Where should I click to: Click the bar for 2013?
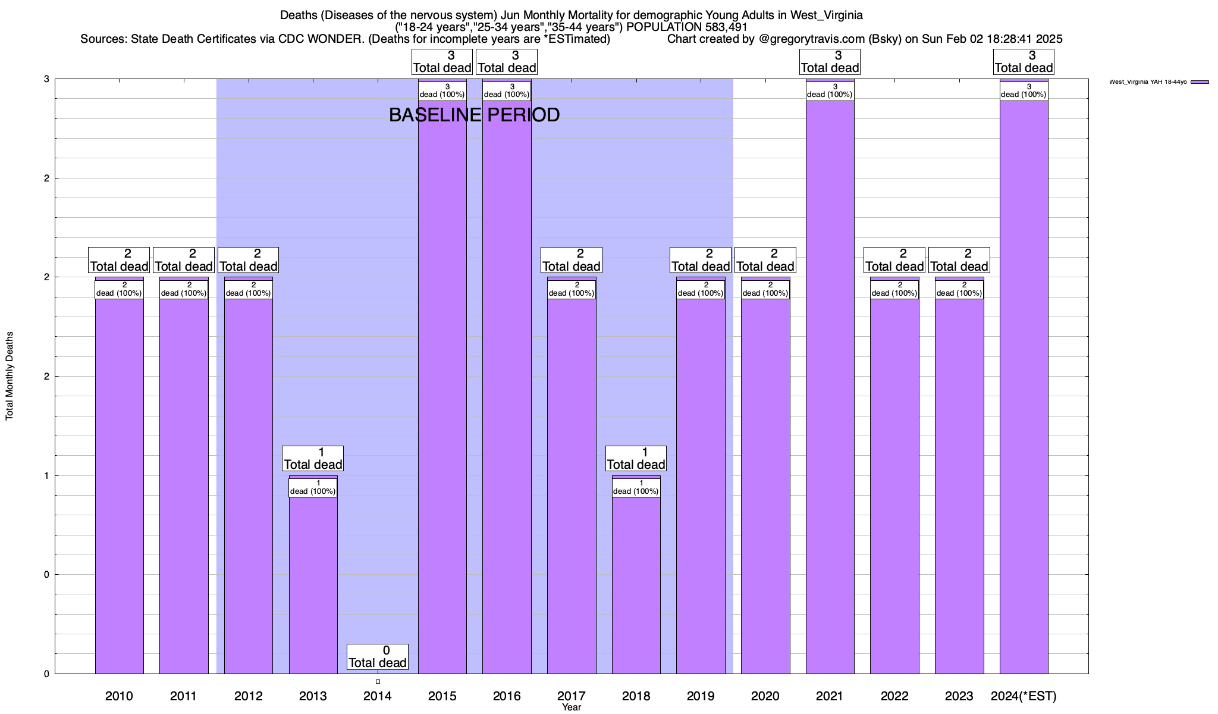pos(313,583)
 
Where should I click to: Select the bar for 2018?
pos(636,583)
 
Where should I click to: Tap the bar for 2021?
pos(830,387)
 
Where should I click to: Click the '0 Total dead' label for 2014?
pos(378,657)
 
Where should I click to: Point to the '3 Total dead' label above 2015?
pos(442,62)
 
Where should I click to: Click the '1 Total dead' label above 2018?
pos(636,459)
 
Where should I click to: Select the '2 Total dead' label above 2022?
pos(894,261)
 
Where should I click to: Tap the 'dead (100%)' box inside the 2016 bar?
pos(507,91)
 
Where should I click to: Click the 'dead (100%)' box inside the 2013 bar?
pos(313,487)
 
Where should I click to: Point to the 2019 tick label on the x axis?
pos(701,696)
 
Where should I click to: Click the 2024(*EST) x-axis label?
pos(1024,696)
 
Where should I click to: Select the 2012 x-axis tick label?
pos(248,696)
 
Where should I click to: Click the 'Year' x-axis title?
pos(572,707)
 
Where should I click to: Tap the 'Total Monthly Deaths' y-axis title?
pos(10,376)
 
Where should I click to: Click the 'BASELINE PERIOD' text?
pos(474,115)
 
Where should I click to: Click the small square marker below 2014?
pos(378,682)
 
